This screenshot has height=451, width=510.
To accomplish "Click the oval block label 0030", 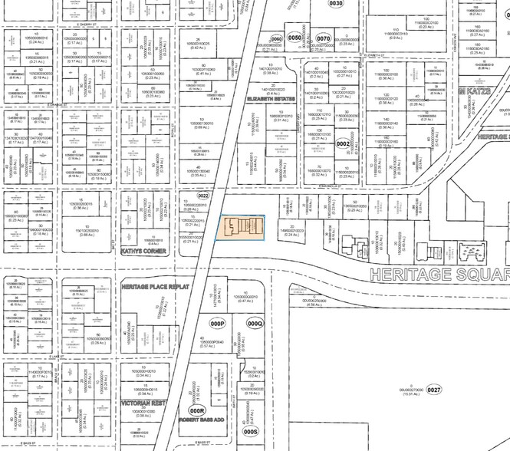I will tap(335, 3).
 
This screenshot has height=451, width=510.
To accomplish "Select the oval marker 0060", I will tap(276, 38).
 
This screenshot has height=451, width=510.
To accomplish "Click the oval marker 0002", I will tap(344, 143).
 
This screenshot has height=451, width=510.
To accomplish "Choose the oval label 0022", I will tap(202, 196).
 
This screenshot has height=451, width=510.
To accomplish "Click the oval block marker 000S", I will tap(251, 431).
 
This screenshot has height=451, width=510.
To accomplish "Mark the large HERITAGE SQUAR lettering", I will tap(436, 274).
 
